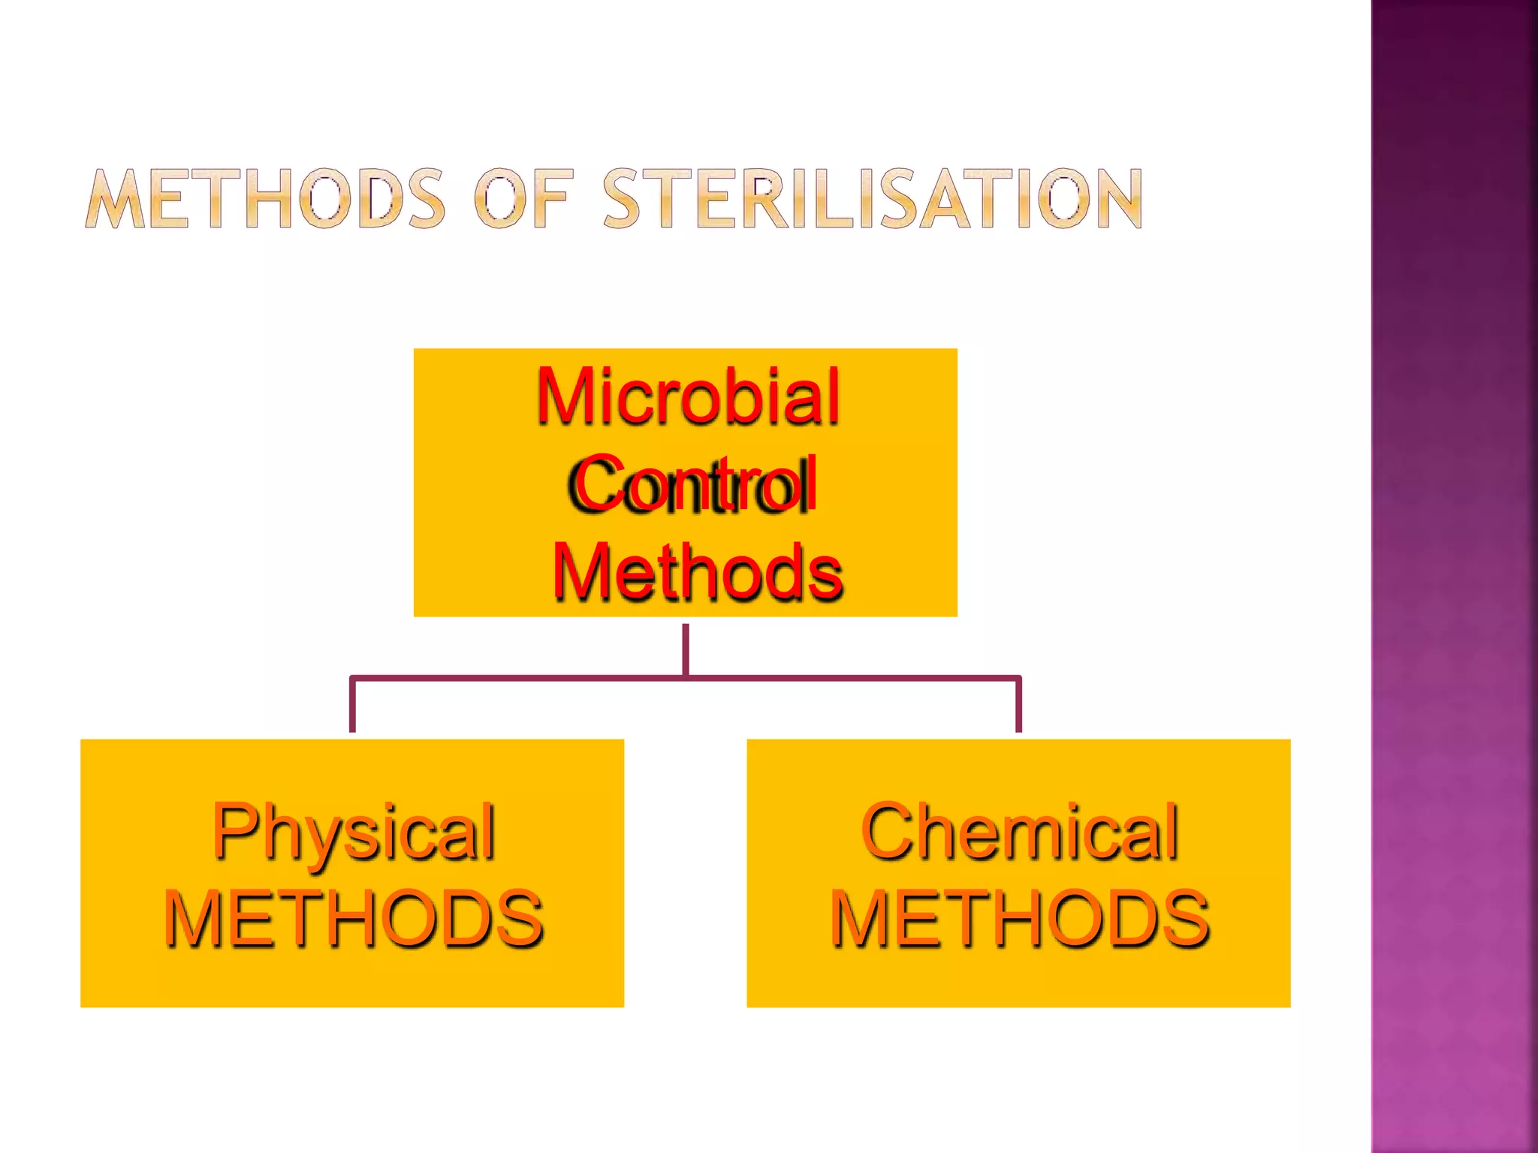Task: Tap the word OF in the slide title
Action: [523, 198]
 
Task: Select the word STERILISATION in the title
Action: [873, 198]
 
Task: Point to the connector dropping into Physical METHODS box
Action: [352, 706]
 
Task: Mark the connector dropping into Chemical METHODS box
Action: [1018, 706]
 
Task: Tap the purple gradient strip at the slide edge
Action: [1454, 576]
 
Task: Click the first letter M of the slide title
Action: [115, 198]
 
